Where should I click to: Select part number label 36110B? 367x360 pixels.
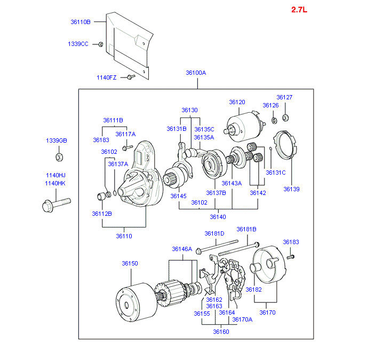[x=81, y=22]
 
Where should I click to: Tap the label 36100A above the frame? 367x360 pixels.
[x=196, y=73]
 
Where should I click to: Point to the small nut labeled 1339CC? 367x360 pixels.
[x=101, y=44]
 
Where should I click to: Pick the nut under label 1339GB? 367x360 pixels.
[x=59, y=157]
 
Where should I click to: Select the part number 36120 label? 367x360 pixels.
[x=237, y=102]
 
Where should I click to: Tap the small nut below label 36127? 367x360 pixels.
[x=285, y=117]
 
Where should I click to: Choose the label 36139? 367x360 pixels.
[x=291, y=189]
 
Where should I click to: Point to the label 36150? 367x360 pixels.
[x=130, y=263]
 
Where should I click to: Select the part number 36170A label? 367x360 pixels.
[x=242, y=319]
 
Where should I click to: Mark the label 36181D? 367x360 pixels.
[x=214, y=233]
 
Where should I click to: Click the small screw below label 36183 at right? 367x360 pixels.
[x=290, y=257]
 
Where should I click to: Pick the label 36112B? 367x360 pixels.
[x=101, y=214]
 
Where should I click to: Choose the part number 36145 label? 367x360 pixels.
[x=179, y=196]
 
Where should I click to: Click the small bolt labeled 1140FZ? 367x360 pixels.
[x=131, y=77]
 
